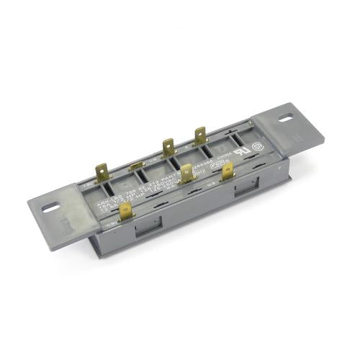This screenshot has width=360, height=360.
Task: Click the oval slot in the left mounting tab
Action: click(x=51, y=207)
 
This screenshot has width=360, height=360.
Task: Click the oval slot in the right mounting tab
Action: click(x=287, y=117)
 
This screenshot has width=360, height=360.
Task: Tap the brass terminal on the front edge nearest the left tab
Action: click(x=126, y=211)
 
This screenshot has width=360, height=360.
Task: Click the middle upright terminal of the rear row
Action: click(x=168, y=148)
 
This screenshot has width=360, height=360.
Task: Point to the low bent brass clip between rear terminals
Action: click(x=136, y=167)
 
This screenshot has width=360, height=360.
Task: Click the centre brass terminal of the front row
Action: click(x=186, y=174)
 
